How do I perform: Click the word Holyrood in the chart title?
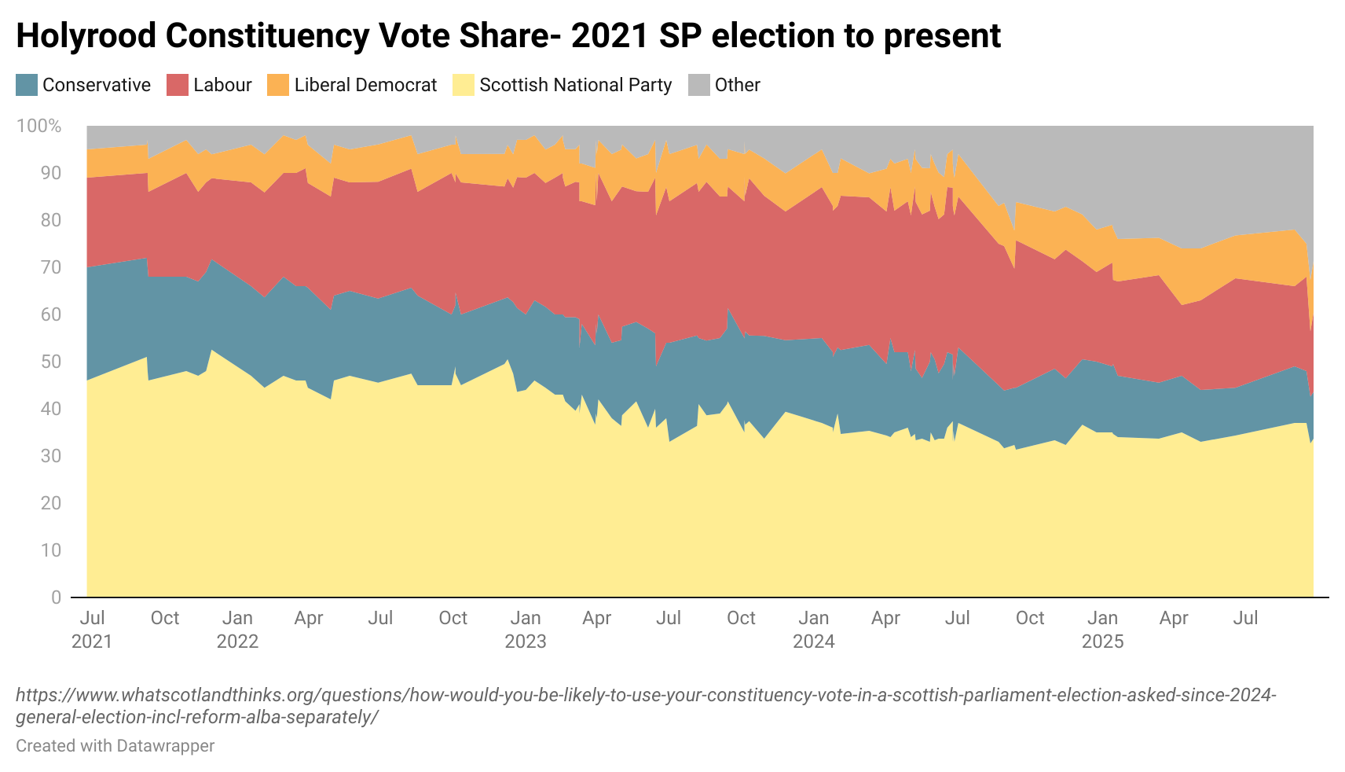[x=86, y=36]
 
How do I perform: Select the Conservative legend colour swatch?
[x=26, y=85]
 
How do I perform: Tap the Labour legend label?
[x=222, y=85]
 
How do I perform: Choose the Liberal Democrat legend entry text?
[x=365, y=85]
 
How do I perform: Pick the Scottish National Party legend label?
[x=575, y=85]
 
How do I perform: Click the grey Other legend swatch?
[x=698, y=85]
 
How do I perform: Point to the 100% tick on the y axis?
[x=39, y=126]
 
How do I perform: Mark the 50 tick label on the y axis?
[x=50, y=362]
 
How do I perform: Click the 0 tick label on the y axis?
[x=56, y=597]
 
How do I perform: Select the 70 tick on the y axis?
[x=50, y=267]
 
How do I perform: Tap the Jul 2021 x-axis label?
[x=92, y=630]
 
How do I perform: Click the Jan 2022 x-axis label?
[x=237, y=630]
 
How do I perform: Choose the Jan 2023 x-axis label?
[x=526, y=630]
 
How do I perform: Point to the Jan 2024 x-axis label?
[x=814, y=630]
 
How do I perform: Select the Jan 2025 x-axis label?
[x=1102, y=630]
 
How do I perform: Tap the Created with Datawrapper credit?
[x=115, y=745]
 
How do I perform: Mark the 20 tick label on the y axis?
[x=50, y=503]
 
